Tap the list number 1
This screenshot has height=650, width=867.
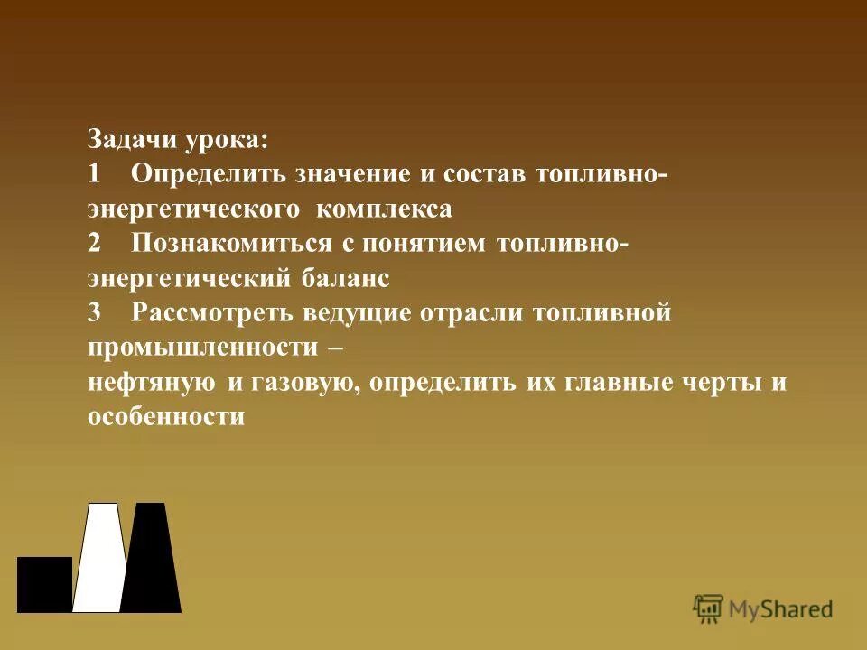click(x=94, y=173)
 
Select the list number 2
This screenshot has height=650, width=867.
click(x=96, y=243)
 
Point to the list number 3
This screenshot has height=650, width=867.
click(x=96, y=312)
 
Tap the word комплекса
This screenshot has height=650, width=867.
click(x=384, y=209)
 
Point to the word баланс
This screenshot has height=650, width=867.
click(x=345, y=279)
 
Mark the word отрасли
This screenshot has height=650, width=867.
click(x=475, y=313)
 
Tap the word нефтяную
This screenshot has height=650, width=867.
click(x=151, y=383)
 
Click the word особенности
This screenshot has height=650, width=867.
click(x=166, y=417)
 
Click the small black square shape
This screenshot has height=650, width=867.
click(x=44, y=584)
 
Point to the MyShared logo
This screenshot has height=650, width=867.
click(x=764, y=609)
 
